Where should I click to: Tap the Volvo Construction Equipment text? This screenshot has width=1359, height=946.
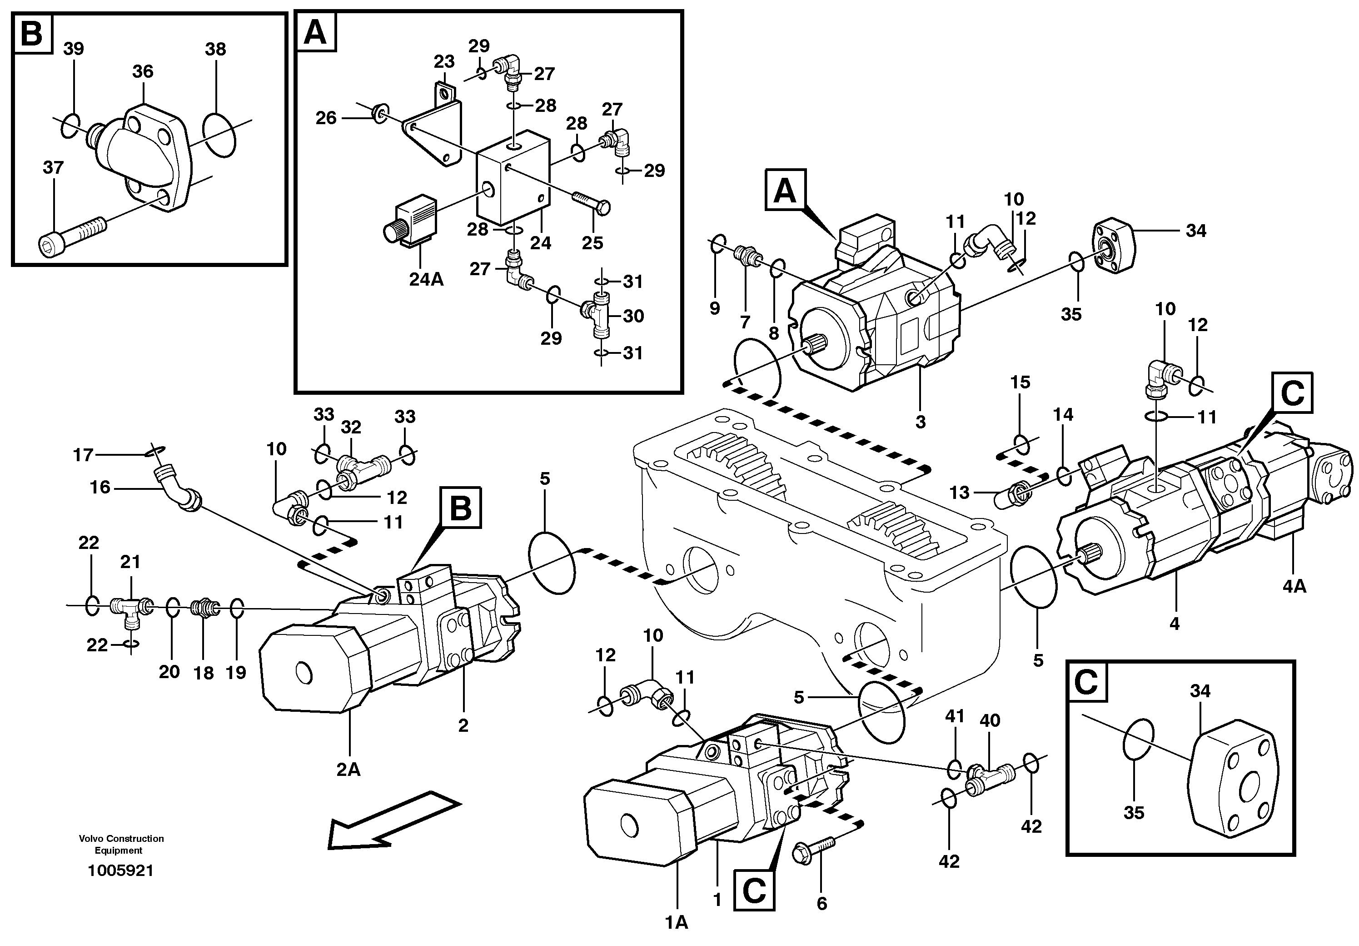tap(121, 844)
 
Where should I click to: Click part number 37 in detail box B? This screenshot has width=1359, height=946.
tap(53, 168)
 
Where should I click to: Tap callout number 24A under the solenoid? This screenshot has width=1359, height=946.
tap(426, 279)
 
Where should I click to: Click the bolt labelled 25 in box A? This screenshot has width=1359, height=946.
tap(592, 204)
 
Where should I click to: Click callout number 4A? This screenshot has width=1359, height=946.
tap(1294, 586)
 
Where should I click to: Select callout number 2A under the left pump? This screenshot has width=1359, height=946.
tap(348, 769)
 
